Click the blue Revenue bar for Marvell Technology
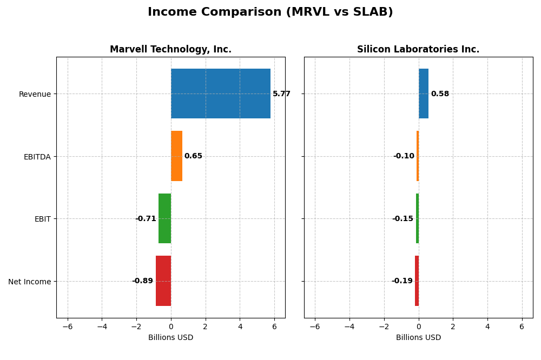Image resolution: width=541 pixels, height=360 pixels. click(x=220, y=94)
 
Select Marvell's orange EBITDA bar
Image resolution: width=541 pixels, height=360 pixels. click(x=176, y=156)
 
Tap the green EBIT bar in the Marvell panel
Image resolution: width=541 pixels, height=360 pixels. click(x=164, y=218)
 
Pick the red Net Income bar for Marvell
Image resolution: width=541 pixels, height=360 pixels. click(x=163, y=281)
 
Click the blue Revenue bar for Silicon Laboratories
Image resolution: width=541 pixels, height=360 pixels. click(x=423, y=94)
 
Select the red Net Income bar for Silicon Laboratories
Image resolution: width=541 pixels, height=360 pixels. click(x=417, y=281)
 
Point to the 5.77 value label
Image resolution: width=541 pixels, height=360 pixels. click(x=281, y=94)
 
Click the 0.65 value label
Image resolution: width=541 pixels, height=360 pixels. click(x=193, y=156)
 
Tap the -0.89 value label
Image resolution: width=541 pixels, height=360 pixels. click(x=142, y=281)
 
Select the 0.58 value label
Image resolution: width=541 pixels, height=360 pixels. click(x=440, y=94)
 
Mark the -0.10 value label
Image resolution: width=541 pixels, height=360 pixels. click(x=404, y=156)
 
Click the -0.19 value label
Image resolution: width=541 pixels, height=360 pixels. click(x=402, y=281)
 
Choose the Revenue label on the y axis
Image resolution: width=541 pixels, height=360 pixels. click(x=35, y=95)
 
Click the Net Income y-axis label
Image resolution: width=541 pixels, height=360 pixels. click(x=29, y=282)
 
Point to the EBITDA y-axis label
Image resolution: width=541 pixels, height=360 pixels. click(x=37, y=157)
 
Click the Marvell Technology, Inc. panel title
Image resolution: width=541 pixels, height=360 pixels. click(x=170, y=50)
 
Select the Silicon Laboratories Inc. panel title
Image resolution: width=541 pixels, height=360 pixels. click(x=418, y=50)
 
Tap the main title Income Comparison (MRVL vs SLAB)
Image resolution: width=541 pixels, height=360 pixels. click(x=270, y=12)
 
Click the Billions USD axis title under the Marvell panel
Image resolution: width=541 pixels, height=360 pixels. click(x=170, y=338)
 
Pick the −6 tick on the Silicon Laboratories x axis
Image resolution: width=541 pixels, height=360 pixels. click(x=315, y=327)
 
